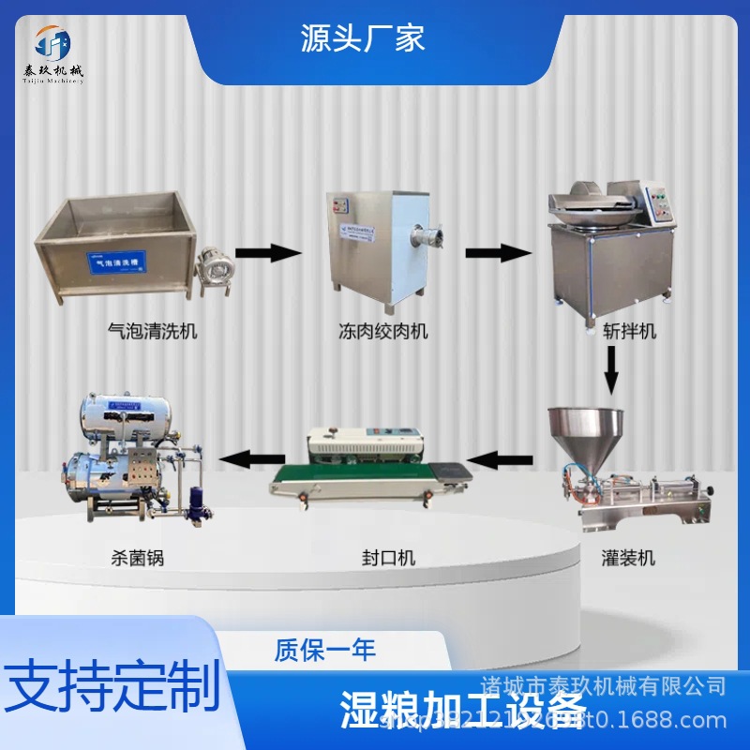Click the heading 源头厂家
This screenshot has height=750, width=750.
click(363, 37)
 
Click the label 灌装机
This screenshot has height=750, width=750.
click(628, 558)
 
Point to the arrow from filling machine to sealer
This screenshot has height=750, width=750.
click(501, 459)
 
